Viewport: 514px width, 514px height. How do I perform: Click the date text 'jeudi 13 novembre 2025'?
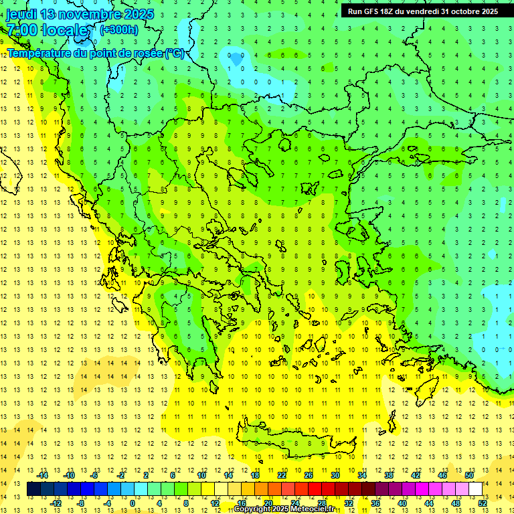click(x=80, y=14)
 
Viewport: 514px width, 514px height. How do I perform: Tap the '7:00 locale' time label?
click(x=48, y=30)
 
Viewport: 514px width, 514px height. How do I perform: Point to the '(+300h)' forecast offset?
click(x=119, y=29)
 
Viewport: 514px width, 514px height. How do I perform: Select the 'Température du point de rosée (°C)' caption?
click(x=96, y=53)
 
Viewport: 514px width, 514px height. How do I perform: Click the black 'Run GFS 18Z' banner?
click(x=422, y=11)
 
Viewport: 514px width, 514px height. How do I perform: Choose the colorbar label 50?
click(x=469, y=475)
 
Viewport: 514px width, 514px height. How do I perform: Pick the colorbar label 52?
click(x=483, y=503)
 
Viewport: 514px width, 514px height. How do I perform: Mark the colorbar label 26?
click(x=309, y=475)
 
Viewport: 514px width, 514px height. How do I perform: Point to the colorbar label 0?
click(x=132, y=503)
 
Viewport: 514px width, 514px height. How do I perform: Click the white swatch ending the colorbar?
click(x=475, y=489)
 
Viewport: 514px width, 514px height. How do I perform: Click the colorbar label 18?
click(x=255, y=475)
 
